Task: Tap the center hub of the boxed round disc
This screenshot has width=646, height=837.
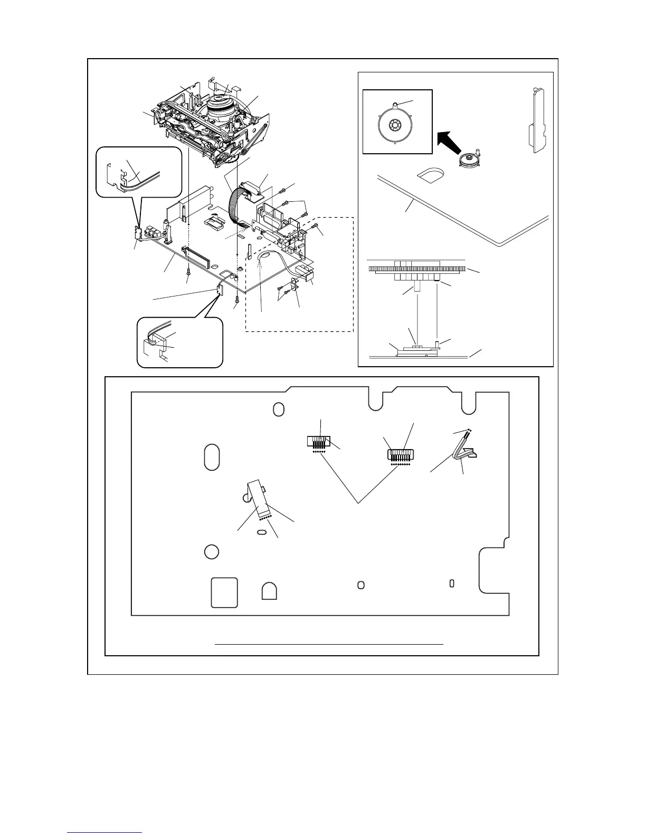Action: (393, 125)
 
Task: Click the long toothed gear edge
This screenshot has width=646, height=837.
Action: (417, 270)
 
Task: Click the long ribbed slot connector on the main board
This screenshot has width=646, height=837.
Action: (196, 256)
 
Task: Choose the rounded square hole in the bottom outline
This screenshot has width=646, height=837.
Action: (224, 592)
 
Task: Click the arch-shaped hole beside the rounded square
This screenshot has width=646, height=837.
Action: (269, 591)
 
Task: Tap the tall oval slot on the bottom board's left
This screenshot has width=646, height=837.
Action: (211, 457)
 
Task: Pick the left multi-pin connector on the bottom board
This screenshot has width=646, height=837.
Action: (318, 442)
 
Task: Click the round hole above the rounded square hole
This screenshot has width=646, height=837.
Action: (211, 552)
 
